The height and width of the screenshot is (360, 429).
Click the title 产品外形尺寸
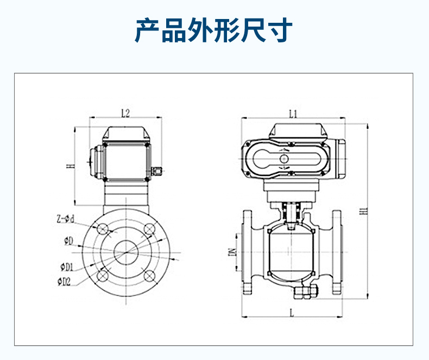(214, 30)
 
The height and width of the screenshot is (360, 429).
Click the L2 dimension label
(125, 113)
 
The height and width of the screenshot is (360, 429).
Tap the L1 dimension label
(293, 113)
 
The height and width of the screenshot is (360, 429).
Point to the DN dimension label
(231, 252)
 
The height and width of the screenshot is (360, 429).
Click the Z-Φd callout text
(65, 219)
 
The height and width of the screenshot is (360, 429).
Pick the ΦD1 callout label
(66, 267)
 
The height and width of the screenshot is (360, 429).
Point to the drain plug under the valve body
(302, 293)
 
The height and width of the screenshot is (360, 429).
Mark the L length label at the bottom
(292, 312)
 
